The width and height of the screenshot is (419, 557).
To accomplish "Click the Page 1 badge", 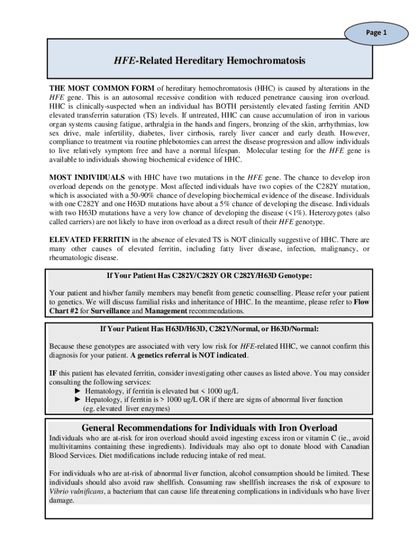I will pos(377,33).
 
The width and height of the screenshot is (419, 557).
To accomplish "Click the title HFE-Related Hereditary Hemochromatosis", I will pos(209,61).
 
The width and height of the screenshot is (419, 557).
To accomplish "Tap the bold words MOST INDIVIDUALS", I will pos(88,177).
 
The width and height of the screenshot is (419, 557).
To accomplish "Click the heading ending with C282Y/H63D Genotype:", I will pos(209,275).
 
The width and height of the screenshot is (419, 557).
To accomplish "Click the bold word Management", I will pos(166,311).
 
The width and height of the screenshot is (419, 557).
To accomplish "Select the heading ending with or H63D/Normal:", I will pos(209,329).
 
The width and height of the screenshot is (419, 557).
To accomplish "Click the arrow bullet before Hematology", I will pos(78,391).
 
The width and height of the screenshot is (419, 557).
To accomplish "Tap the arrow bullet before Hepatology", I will pos(78,400).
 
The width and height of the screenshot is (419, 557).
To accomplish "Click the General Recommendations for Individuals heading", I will pos(209,428).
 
